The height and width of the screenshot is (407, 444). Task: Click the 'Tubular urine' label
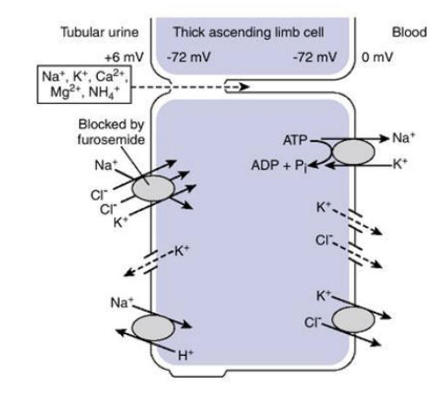100,32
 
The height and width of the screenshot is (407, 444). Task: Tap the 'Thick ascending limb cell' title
249,32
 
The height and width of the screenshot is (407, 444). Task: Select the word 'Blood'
409,32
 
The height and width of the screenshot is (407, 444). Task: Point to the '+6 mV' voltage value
124,57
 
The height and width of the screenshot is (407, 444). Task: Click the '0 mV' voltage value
377,57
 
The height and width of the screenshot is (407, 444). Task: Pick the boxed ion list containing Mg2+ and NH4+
84,84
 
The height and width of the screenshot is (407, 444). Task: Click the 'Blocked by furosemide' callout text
111,132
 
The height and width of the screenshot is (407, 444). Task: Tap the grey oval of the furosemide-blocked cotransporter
153,188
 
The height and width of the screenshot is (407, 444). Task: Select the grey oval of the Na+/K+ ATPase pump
354,152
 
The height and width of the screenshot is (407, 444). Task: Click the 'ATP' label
295,140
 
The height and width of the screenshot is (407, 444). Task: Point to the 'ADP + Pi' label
279,166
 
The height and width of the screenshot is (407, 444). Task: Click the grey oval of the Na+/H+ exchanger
153,328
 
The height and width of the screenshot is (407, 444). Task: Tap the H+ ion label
186,355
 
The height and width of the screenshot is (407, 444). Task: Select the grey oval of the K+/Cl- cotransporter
354,320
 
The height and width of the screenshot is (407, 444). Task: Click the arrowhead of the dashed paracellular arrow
245,87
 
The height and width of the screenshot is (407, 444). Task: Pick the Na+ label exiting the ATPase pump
403,138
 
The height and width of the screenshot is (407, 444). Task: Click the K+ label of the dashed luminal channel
182,250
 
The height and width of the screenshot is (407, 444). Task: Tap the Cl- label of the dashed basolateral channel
324,240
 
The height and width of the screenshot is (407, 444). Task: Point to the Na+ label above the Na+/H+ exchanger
121,302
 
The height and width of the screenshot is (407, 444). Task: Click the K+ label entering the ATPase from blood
400,164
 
